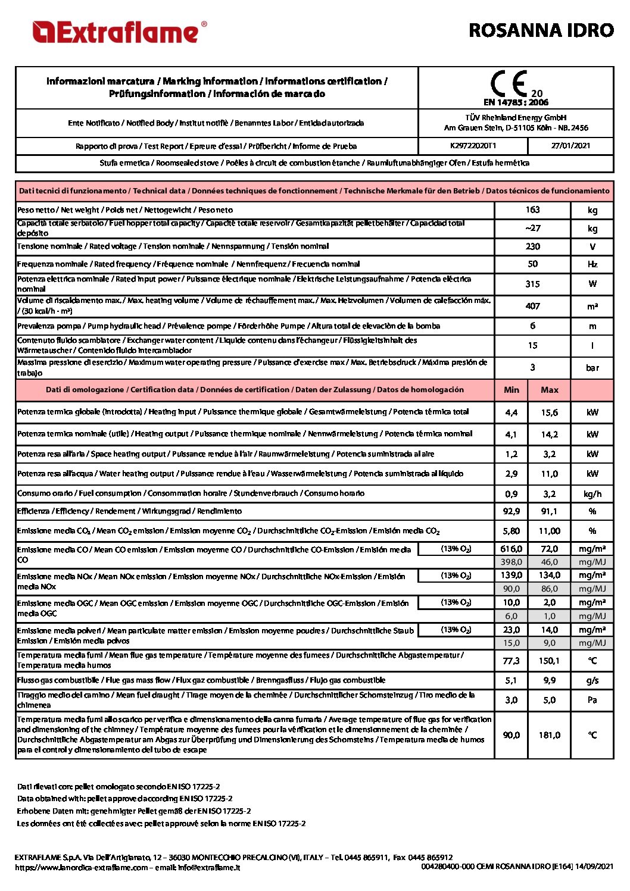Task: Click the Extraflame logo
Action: tap(119, 32)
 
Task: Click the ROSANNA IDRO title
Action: tap(541, 30)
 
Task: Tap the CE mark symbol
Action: tap(509, 84)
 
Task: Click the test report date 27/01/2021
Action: tap(570, 146)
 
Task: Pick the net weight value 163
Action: tap(532, 210)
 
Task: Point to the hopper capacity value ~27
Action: tap(532, 228)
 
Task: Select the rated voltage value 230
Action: tap(532, 246)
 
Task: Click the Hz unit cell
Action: tap(592, 264)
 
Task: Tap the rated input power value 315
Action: tap(532, 284)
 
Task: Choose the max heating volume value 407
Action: tap(532, 306)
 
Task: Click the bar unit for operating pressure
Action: tap(592, 368)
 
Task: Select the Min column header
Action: tap(511, 390)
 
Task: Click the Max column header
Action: tap(549, 390)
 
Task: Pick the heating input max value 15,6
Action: tap(549, 412)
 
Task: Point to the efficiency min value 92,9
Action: tap(511, 511)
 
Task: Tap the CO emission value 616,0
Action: tap(511, 549)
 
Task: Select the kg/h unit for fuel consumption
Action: tap(592, 494)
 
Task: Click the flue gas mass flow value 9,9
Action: tap(549, 680)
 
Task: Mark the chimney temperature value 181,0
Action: tap(549, 735)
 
